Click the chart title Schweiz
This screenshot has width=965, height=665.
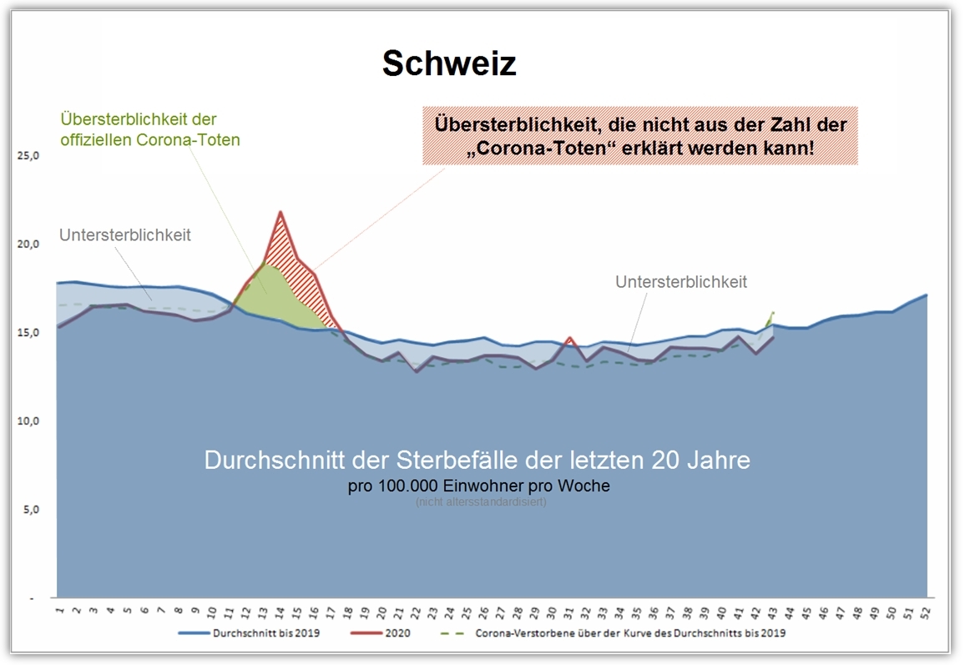[x=449, y=63]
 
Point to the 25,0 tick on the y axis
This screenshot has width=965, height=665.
[x=30, y=156]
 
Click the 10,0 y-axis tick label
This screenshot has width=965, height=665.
[x=30, y=421]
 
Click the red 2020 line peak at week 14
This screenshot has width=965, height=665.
[x=280, y=213]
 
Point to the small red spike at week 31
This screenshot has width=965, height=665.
[x=569, y=338]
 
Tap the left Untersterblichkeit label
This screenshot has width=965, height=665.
[x=125, y=235]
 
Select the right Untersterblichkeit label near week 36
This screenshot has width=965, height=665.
[x=681, y=282]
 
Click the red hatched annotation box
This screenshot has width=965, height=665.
[x=640, y=136]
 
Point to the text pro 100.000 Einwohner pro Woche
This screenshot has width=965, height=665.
[x=479, y=486]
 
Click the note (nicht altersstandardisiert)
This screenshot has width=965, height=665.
[x=481, y=502]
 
